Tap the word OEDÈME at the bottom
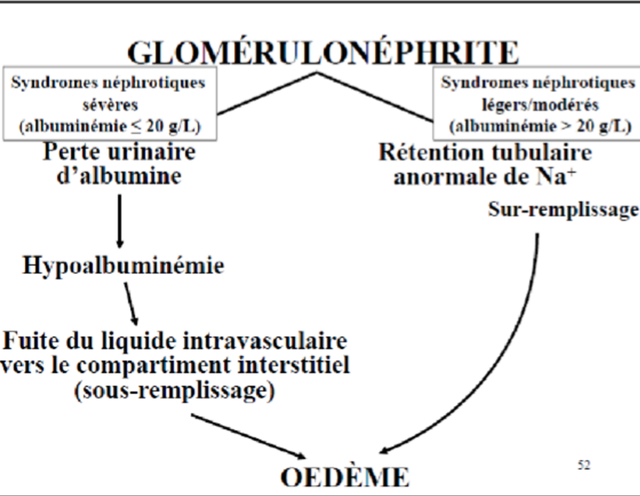(x=344, y=477)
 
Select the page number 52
(x=584, y=465)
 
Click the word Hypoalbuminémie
(x=123, y=266)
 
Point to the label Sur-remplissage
(x=563, y=209)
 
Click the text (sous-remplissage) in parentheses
(x=174, y=391)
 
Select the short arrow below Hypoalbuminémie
(x=131, y=302)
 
